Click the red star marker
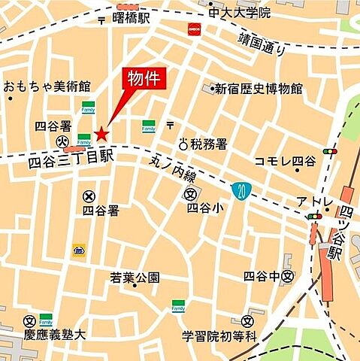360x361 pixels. pyautogui.click(x=101, y=135)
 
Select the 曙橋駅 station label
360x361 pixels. pyautogui.click(x=132, y=15)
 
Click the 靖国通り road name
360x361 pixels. pyautogui.click(x=262, y=43)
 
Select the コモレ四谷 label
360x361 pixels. pyautogui.click(x=286, y=161)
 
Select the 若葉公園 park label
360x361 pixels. pyautogui.click(x=135, y=278)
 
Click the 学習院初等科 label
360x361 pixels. pyautogui.click(x=219, y=334)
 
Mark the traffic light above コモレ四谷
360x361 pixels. pyautogui.click(x=329, y=151)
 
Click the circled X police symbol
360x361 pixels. pyautogui.click(x=89, y=196)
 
